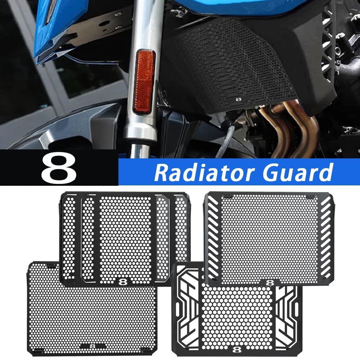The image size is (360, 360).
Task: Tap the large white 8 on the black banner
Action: pos(58,168)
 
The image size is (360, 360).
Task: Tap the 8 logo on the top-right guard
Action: pos(269,282)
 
